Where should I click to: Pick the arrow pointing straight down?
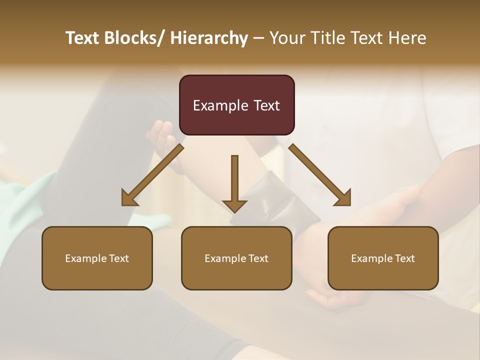pyautogui.click(x=234, y=182)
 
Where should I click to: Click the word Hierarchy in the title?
pyautogui.click(x=209, y=38)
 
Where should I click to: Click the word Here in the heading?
pyautogui.click(x=407, y=38)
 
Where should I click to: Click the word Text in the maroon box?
pyautogui.click(x=265, y=105)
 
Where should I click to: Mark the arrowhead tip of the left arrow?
pyautogui.click(x=123, y=204)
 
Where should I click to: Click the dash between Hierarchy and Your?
pyautogui.click(x=258, y=38)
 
